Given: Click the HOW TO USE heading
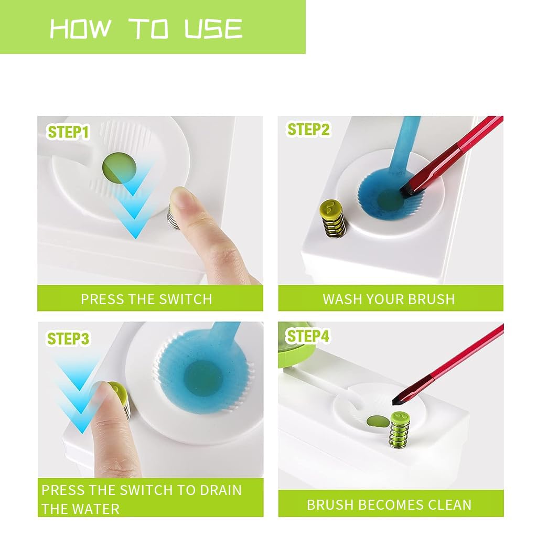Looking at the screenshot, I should [x=146, y=28].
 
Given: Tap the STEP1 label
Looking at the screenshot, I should [x=68, y=132].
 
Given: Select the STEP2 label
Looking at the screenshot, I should [x=308, y=129].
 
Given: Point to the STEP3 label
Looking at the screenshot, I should [x=68, y=339].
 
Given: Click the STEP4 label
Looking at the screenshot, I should [x=308, y=336].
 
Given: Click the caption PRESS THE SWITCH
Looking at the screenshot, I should [x=146, y=299].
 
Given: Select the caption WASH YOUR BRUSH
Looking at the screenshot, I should [x=389, y=299].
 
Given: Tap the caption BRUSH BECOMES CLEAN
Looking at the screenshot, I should [x=389, y=505].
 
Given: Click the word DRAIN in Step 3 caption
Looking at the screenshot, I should [x=220, y=491].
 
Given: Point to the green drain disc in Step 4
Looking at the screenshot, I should [x=377, y=421].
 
